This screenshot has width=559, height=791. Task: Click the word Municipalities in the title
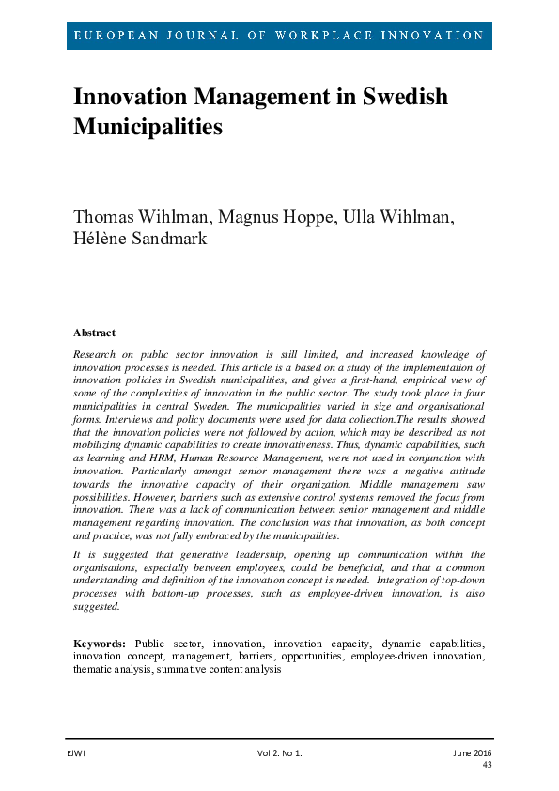[148, 126]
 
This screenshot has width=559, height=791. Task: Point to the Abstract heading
[94, 333]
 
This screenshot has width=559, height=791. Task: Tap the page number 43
[487, 765]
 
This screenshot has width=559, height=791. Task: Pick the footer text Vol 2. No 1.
[280, 752]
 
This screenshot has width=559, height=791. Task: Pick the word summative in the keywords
[181, 670]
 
